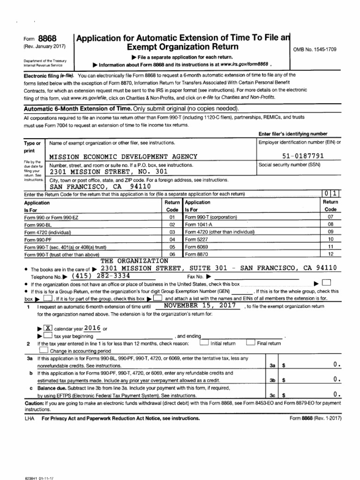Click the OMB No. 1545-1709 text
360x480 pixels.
pyautogui.click(x=315, y=49)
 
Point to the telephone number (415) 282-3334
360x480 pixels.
pyautogui.click(x=100, y=276)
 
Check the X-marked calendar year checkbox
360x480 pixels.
pyautogui.click(x=48, y=328)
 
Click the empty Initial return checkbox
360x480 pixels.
pyautogui.click(x=203, y=343)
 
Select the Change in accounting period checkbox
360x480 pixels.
pyautogui.click(x=44, y=350)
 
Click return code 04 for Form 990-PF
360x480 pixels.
pyautogui.click(x=172, y=240)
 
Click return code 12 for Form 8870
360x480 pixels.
pyautogui.click(x=330, y=254)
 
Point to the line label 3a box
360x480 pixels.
pyautogui.click(x=272, y=365)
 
